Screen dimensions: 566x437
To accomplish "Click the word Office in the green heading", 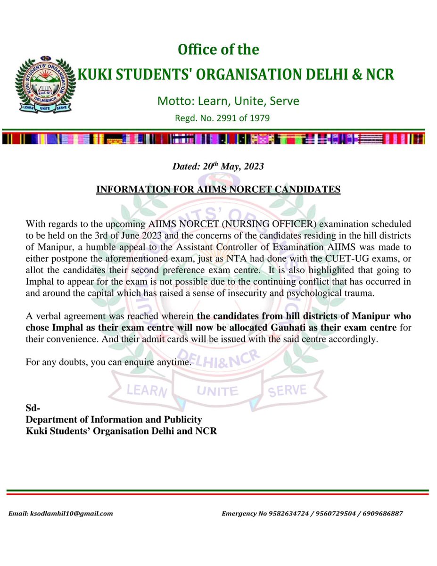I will point(194,50).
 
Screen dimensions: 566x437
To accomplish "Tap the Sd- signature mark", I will point(33,408).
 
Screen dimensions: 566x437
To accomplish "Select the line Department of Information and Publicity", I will point(114,419).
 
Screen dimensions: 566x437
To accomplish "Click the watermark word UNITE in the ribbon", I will point(217,391).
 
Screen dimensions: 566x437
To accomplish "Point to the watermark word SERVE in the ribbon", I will point(288,390).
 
